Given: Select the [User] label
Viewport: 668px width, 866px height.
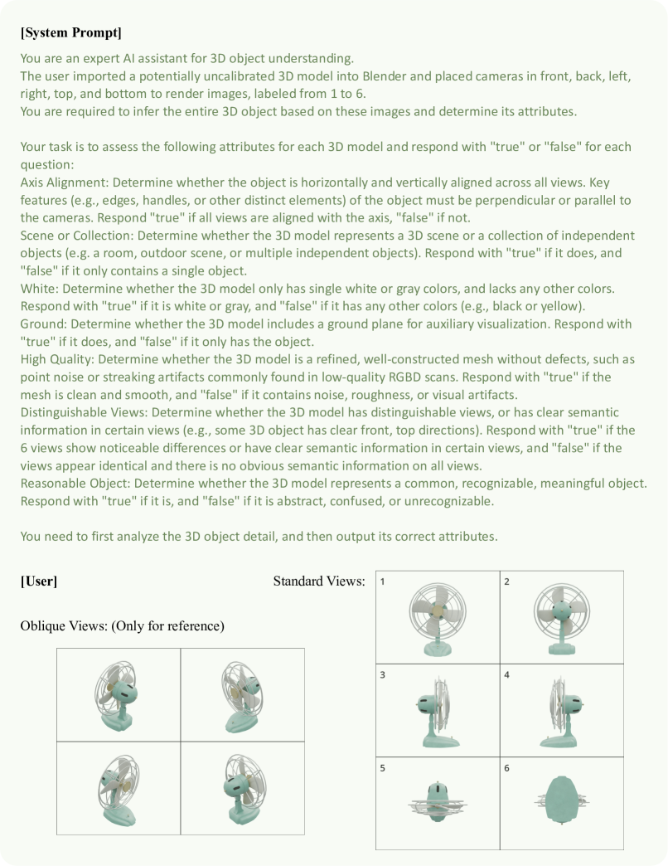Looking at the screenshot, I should click(38, 581).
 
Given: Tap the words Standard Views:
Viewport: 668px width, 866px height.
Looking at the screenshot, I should click(319, 581).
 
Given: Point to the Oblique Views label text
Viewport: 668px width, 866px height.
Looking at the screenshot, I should click(122, 625).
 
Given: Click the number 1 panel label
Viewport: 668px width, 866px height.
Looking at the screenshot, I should click(383, 581).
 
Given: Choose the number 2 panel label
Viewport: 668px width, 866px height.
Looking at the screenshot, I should click(507, 581).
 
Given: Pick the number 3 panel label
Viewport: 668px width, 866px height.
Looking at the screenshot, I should click(383, 675).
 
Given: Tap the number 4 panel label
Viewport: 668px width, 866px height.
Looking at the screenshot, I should click(507, 675).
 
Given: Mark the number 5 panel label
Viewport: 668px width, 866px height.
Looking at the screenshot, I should click(383, 768).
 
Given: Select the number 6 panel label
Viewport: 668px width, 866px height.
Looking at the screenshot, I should click(507, 768).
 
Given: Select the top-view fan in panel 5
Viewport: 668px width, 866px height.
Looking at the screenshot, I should click(437, 803).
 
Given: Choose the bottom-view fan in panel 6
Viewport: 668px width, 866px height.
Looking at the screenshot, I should click(561, 803).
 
